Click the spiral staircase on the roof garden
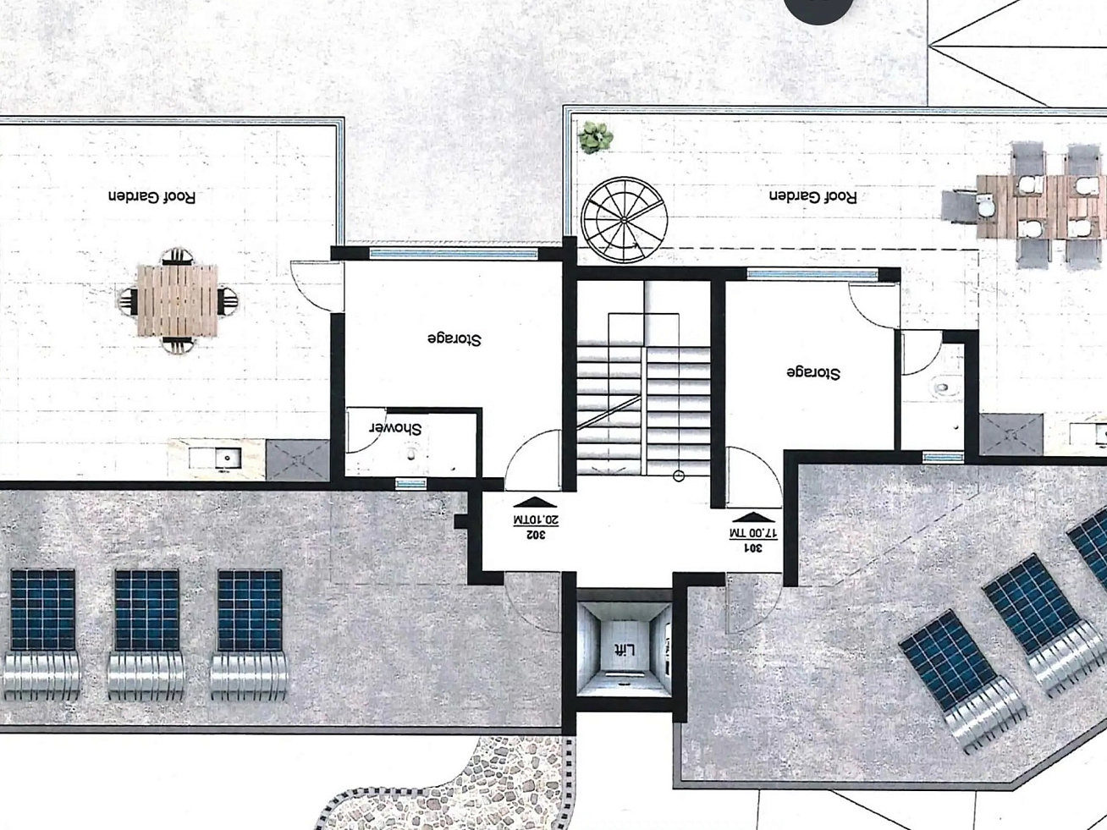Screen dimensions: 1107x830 pos(624,220)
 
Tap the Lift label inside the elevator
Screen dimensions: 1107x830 pos(624,651)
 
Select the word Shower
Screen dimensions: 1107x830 pos(396,429)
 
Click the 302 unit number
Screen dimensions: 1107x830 pos(536,535)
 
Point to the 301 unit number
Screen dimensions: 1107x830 pos(752,547)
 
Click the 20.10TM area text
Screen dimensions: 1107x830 pos(536,519)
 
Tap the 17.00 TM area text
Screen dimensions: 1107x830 pos(753,534)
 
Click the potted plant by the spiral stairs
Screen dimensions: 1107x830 pos(596,137)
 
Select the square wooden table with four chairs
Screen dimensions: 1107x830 pos(178,301)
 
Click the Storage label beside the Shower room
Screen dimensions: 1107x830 pos(454,339)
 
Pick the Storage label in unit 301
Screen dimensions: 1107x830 pos(813,373)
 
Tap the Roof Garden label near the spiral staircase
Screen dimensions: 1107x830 pos(812,196)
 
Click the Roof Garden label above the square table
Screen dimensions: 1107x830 pos(151,196)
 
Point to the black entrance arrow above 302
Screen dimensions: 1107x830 pos(535,502)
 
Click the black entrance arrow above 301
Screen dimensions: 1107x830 pos(753,517)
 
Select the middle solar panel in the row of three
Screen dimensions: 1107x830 pos(146,610)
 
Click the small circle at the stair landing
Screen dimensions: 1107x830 pos(679,476)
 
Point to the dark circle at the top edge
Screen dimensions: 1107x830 pos(819,9)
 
